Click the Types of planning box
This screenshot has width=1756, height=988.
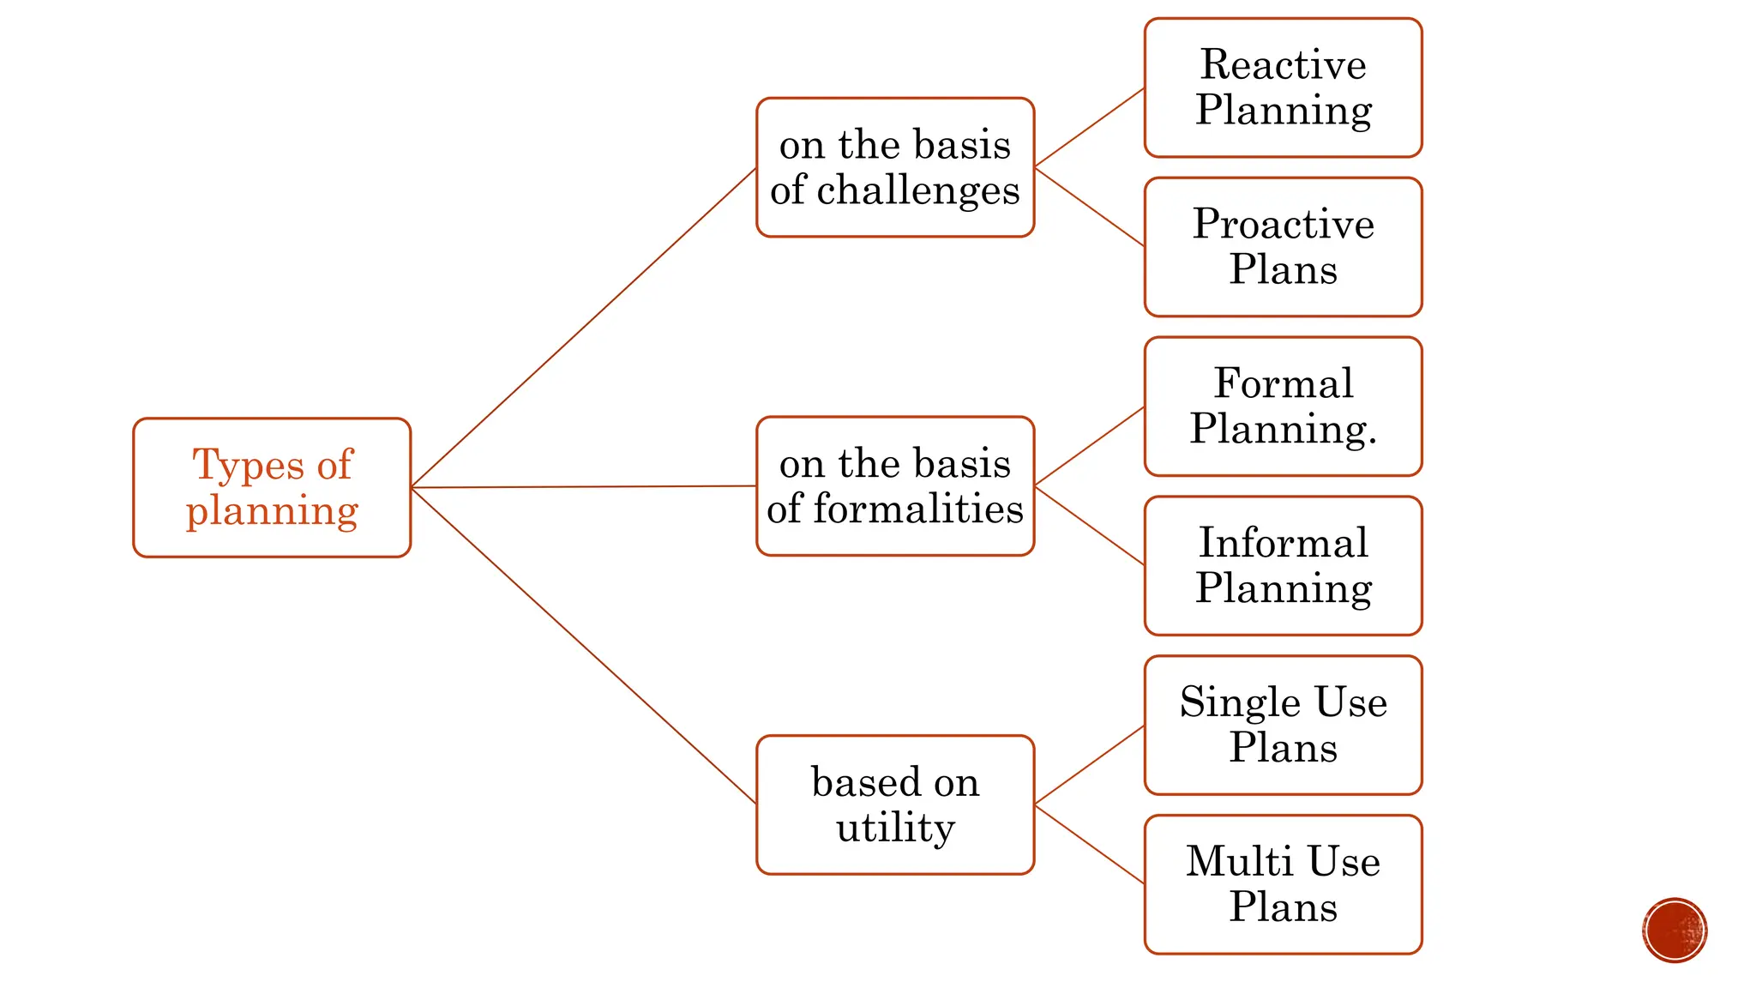[272, 488]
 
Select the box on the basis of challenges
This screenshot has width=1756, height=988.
[895, 167]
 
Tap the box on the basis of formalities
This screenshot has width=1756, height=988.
[895, 486]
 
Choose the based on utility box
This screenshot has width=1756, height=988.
[895, 804]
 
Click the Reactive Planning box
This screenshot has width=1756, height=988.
[1283, 87]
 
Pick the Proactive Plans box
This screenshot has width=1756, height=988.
[1283, 247]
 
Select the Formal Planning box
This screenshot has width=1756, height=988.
[1283, 407]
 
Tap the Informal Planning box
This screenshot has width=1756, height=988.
[1283, 566]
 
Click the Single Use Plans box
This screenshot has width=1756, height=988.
[1283, 726]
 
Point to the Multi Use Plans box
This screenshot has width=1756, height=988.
[1283, 884]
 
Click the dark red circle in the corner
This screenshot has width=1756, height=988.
[1675, 931]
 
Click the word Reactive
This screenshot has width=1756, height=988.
[1283, 65]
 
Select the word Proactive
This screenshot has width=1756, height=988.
[1283, 225]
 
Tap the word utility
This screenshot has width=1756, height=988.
[895, 828]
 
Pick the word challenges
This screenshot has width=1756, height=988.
[917, 190]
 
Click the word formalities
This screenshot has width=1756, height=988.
[917, 509]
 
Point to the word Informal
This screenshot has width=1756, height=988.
[1283, 543]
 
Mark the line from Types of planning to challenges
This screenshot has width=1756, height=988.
[583, 328]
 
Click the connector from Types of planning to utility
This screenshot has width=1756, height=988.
[583, 646]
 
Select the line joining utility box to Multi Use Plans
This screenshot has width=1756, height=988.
[1089, 844]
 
